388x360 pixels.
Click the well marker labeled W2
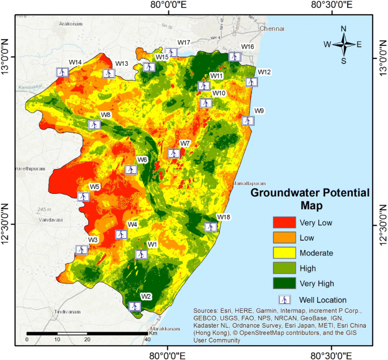(x=135, y=306)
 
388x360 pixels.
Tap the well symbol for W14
(x=62, y=72)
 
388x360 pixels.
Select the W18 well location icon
(x=210, y=227)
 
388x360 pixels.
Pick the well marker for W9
(x=248, y=121)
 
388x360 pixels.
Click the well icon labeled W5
(x=83, y=197)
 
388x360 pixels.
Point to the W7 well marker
(x=173, y=153)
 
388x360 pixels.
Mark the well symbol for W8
(x=94, y=125)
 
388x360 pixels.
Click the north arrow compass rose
(x=343, y=44)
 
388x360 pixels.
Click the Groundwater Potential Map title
(x=310, y=198)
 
